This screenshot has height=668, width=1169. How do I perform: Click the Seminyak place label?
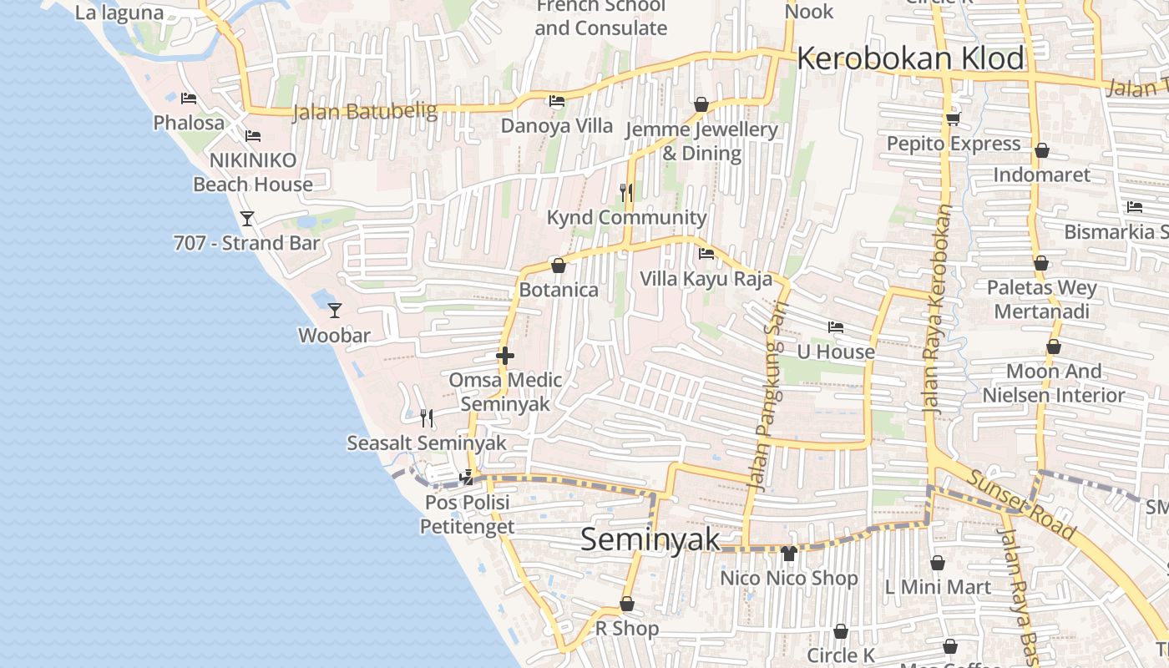point(650,539)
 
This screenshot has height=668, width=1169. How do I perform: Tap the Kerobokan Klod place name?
point(910,58)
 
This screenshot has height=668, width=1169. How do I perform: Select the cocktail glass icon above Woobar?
point(335,311)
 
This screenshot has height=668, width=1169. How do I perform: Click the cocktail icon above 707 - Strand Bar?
point(247,219)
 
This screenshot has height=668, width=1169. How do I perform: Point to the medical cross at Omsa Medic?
point(504,357)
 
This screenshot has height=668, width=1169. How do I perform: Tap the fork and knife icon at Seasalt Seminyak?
point(427,417)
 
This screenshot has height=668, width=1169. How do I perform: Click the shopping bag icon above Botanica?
point(559,266)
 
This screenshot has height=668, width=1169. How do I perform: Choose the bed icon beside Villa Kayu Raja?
point(706,254)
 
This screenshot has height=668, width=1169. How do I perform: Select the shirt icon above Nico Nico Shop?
point(789,553)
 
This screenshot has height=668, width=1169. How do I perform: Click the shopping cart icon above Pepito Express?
point(954,119)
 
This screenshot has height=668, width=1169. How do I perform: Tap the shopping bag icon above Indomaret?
point(1042,151)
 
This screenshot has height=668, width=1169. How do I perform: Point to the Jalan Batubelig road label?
point(364,111)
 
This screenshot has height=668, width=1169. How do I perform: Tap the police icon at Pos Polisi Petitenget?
point(467,478)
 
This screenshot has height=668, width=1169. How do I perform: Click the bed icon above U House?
point(836,326)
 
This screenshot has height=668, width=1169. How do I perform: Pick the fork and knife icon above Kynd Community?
point(626,193)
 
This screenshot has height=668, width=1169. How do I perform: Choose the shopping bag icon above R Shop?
point(627,604)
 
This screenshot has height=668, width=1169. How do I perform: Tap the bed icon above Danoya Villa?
point(557,101)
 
